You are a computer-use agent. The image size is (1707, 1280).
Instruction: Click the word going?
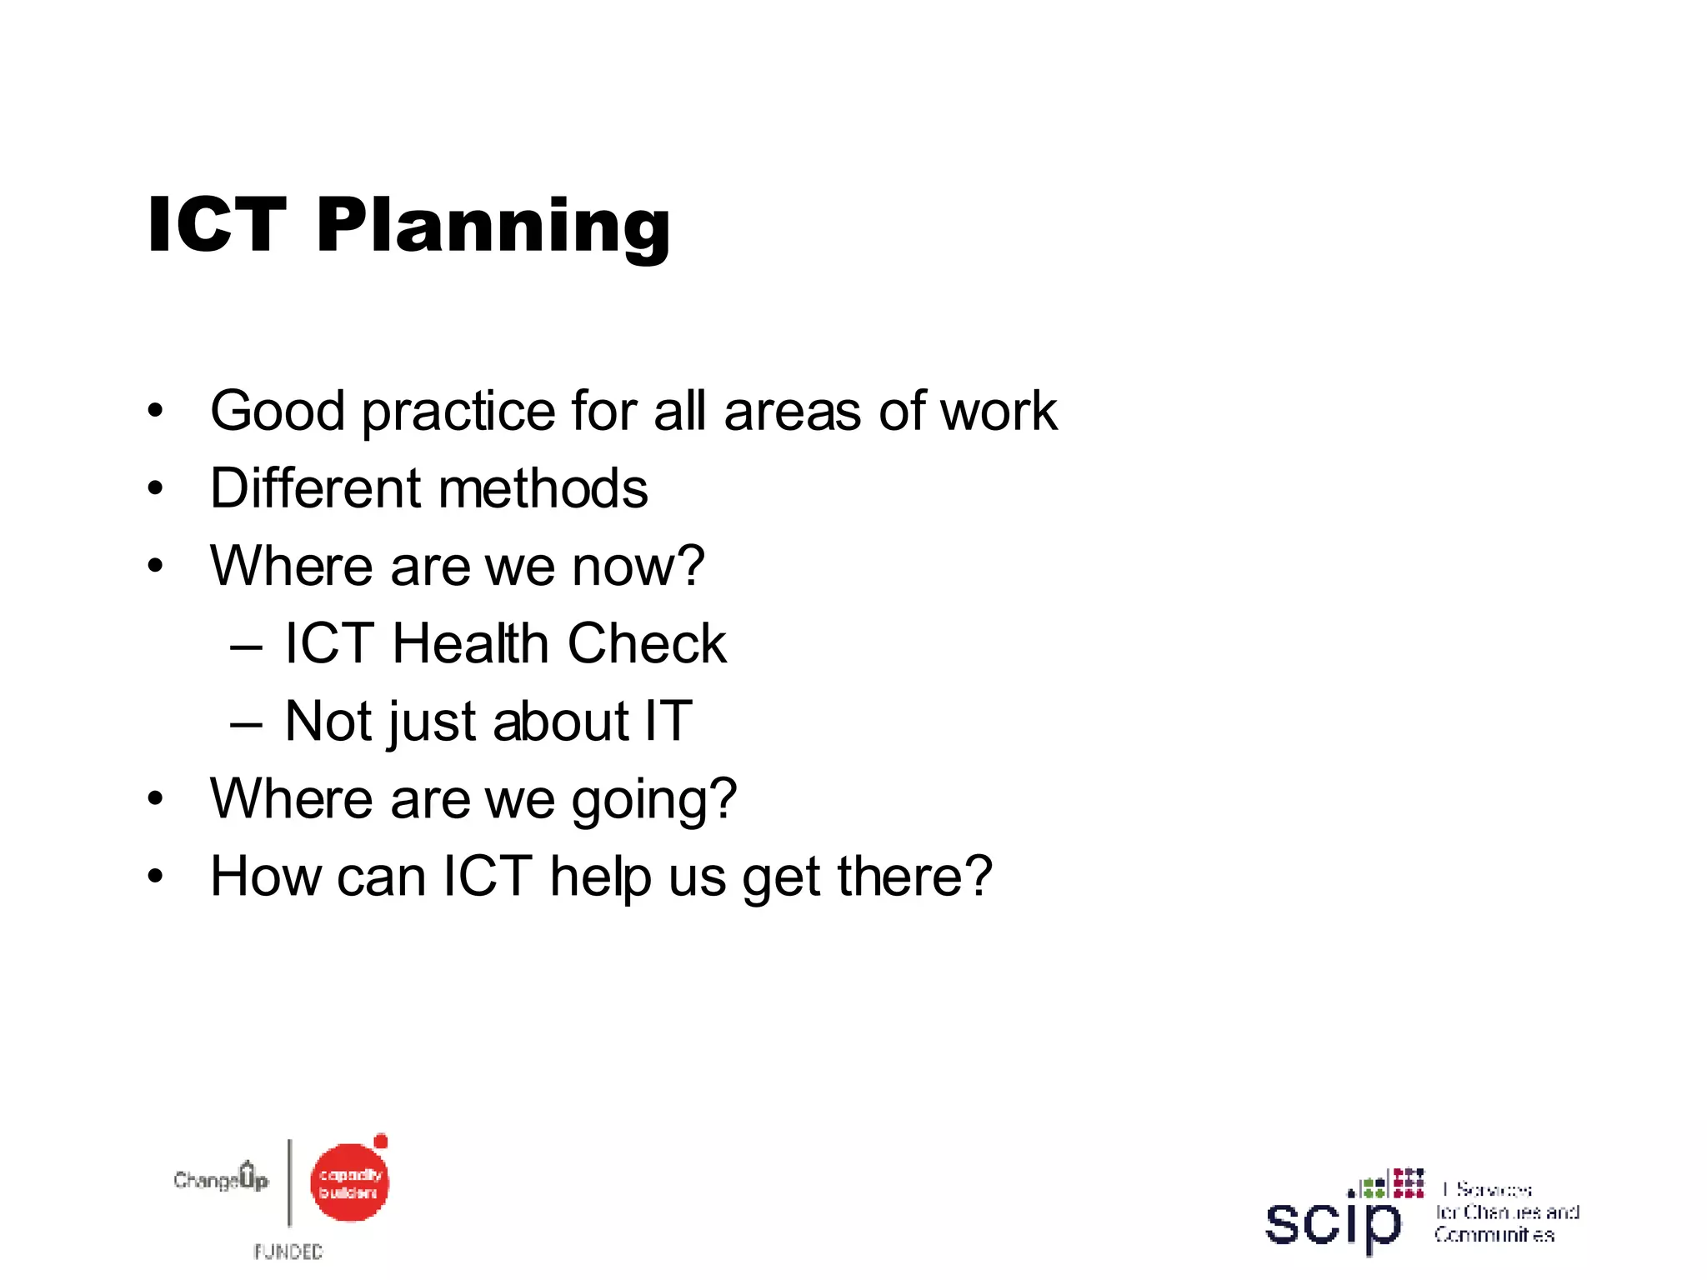[x=654, y=800]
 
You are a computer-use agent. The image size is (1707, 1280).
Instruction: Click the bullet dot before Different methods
[x=155, y=489]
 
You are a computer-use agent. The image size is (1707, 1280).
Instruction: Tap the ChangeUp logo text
[x=221, y=1179]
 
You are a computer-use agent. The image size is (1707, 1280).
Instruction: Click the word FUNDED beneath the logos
[x=288, y=1252]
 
